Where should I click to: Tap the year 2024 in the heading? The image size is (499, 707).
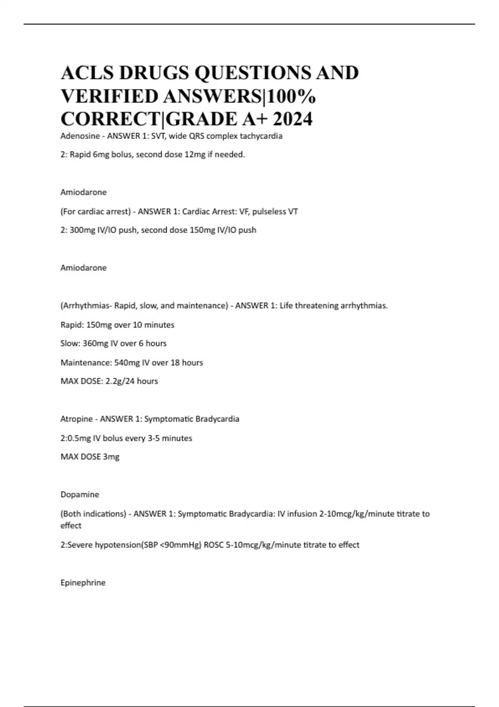click(292, 119)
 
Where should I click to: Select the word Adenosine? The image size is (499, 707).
click(80, 136)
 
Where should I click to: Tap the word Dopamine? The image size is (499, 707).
click(80, 494)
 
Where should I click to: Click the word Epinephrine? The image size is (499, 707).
click(83, 583)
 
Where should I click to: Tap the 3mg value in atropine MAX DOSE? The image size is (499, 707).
click(111, 457)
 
